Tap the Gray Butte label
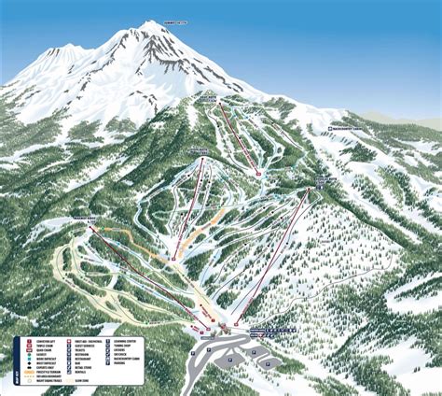click(x=206, y=94)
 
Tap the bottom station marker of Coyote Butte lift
click(x=173, y=257)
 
